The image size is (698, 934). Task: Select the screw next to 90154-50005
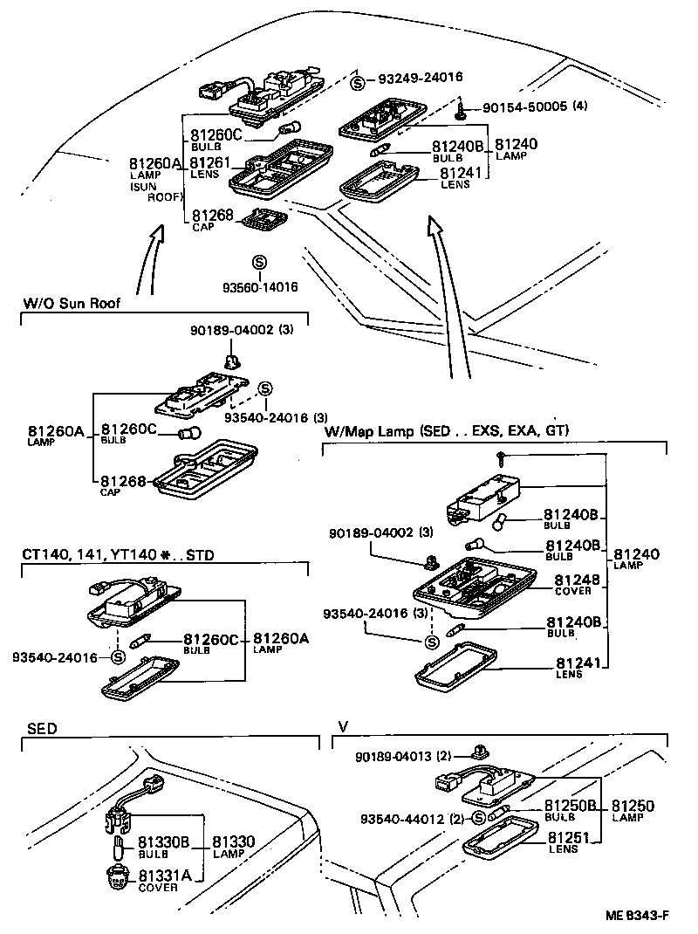460,110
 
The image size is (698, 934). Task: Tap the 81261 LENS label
209,167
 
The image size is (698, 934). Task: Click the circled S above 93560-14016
258,263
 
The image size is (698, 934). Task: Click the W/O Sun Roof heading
72,304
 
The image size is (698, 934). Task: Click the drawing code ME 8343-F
638,915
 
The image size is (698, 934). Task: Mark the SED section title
41,728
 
